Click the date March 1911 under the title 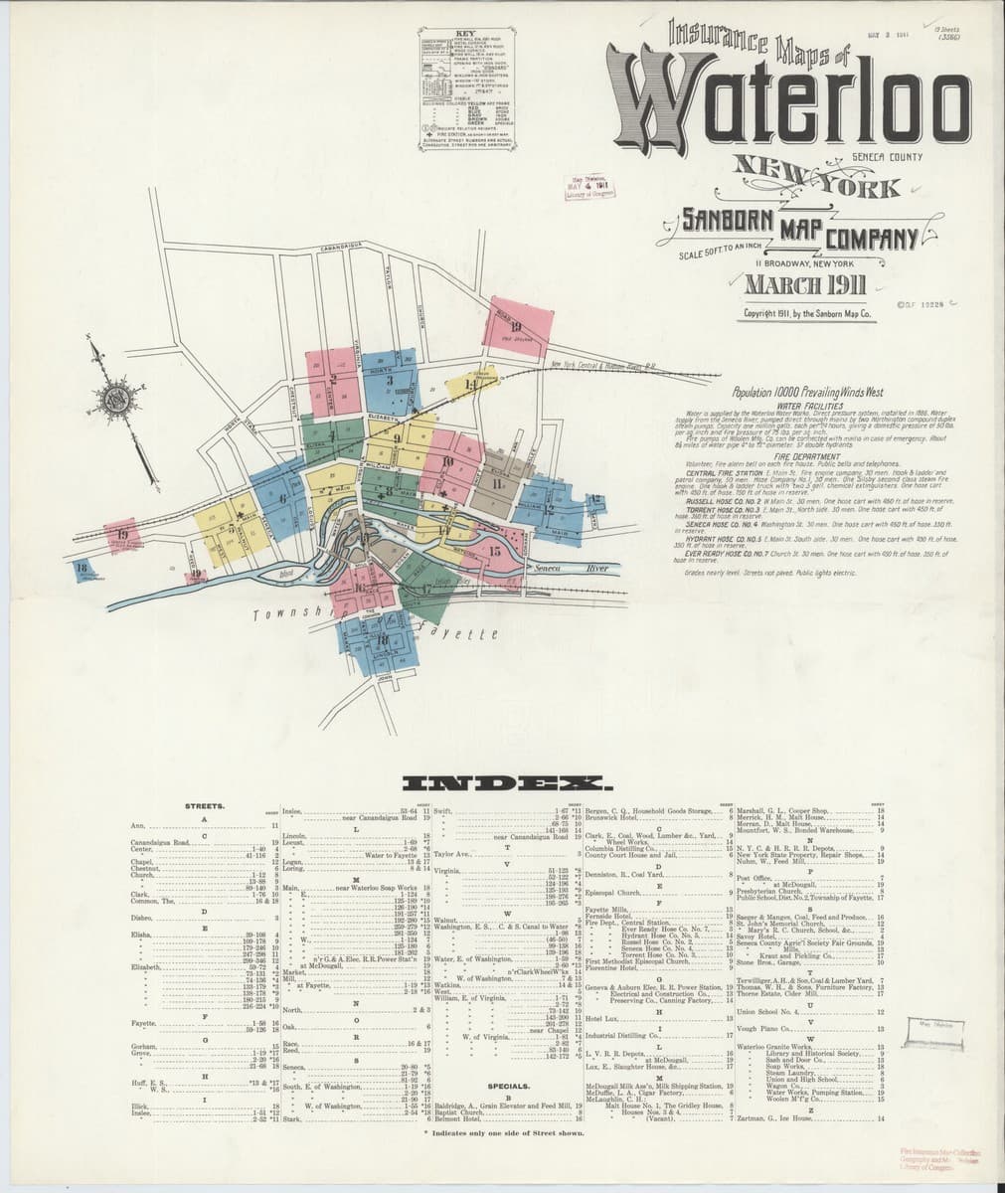[x=805, y=287]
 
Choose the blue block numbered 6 [x=282, y=498]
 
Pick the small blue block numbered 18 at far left [x=83, y=568]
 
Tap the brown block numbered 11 [x=495, y=484]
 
